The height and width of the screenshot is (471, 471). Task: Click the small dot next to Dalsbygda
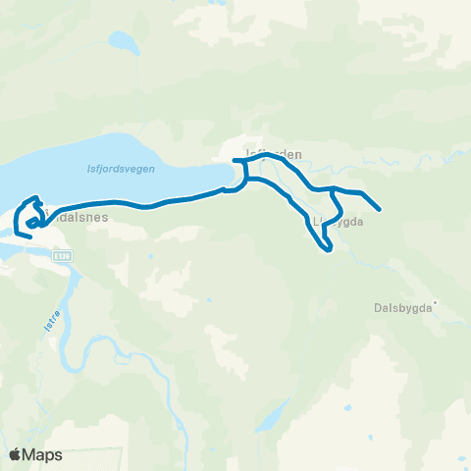click(437, 303)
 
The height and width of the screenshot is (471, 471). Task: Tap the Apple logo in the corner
click(16, 454)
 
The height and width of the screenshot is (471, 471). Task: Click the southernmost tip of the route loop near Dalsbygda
click(329, 249)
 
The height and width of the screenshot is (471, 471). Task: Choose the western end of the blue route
click(17, 234)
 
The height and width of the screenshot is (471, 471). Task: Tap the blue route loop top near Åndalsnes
click(36, 198)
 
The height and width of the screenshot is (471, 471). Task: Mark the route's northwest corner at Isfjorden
click(236, 160)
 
